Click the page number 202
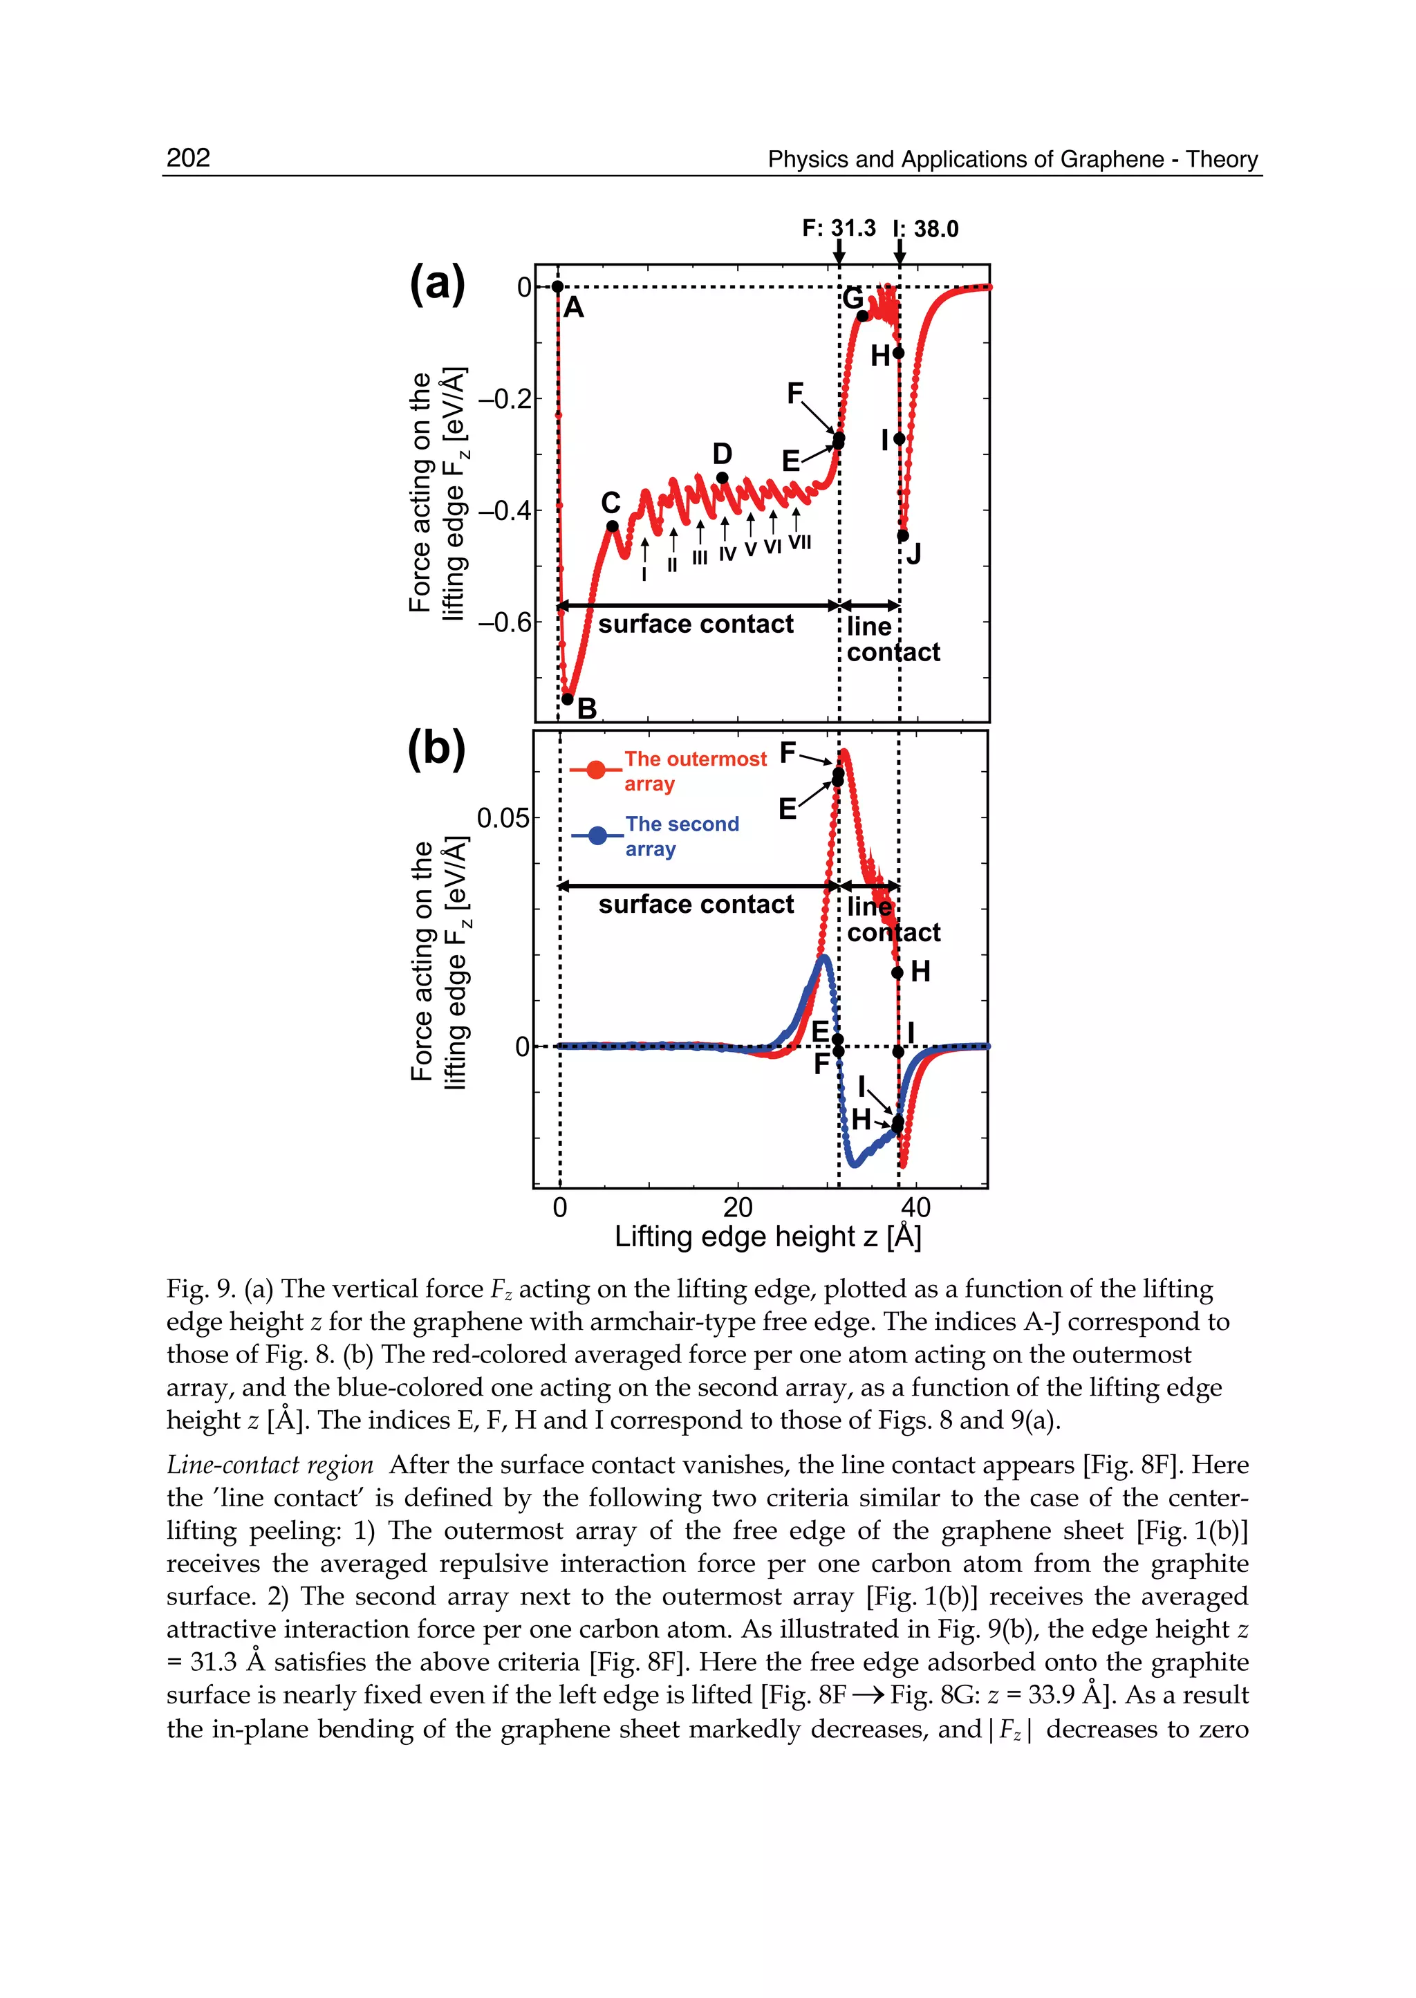tap(188, 158)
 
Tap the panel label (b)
tap(437, 749)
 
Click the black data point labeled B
tap(568, 699)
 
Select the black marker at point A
tap(557, 287)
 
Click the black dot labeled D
tap(722, 478)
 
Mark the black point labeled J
tap(903, 535)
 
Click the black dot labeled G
tap(862, 315)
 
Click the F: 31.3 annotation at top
tap(838, 228)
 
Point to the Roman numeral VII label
tap(799, 542)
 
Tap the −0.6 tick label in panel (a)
tap(503, 622)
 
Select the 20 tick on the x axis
tap(738, 1208)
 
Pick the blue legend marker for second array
tap(597, 835)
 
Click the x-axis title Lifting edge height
tap(767, 1237)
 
